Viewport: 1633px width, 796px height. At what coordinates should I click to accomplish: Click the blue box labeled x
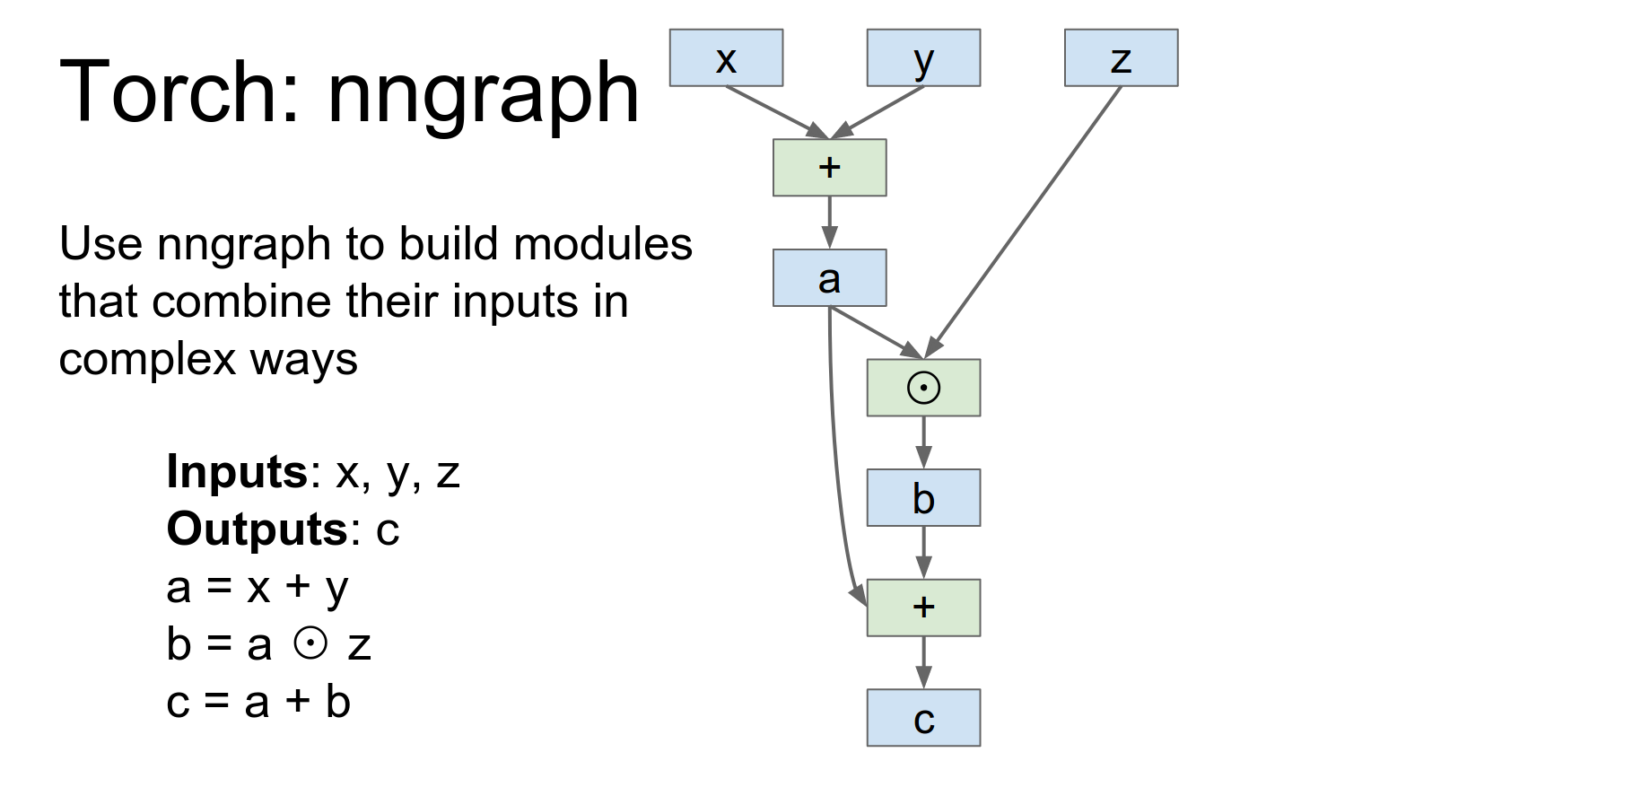click(726, 58)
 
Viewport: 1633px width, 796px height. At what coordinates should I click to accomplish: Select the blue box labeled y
click(923, 58)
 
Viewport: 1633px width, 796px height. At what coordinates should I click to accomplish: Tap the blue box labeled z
click(1121, 58)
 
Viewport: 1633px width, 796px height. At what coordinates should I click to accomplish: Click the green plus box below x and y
click(829, 168)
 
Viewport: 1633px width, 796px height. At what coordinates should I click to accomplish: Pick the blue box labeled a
click(829, 278)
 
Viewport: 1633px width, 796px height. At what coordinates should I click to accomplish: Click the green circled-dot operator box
click(923, 388)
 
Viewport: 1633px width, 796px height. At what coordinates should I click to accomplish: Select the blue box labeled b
click(923, 498)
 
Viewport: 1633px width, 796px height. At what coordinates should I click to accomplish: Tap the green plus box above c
click(923, 608)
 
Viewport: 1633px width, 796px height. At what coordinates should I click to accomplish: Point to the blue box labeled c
click(923, 718)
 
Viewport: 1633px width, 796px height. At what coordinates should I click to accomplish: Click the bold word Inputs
click(237, 471)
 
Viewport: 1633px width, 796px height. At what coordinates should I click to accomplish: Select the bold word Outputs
click(257, 529)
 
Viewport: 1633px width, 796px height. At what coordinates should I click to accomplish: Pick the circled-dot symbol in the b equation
click(310, 643)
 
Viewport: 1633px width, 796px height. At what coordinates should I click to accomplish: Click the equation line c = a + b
click(258, 702)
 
